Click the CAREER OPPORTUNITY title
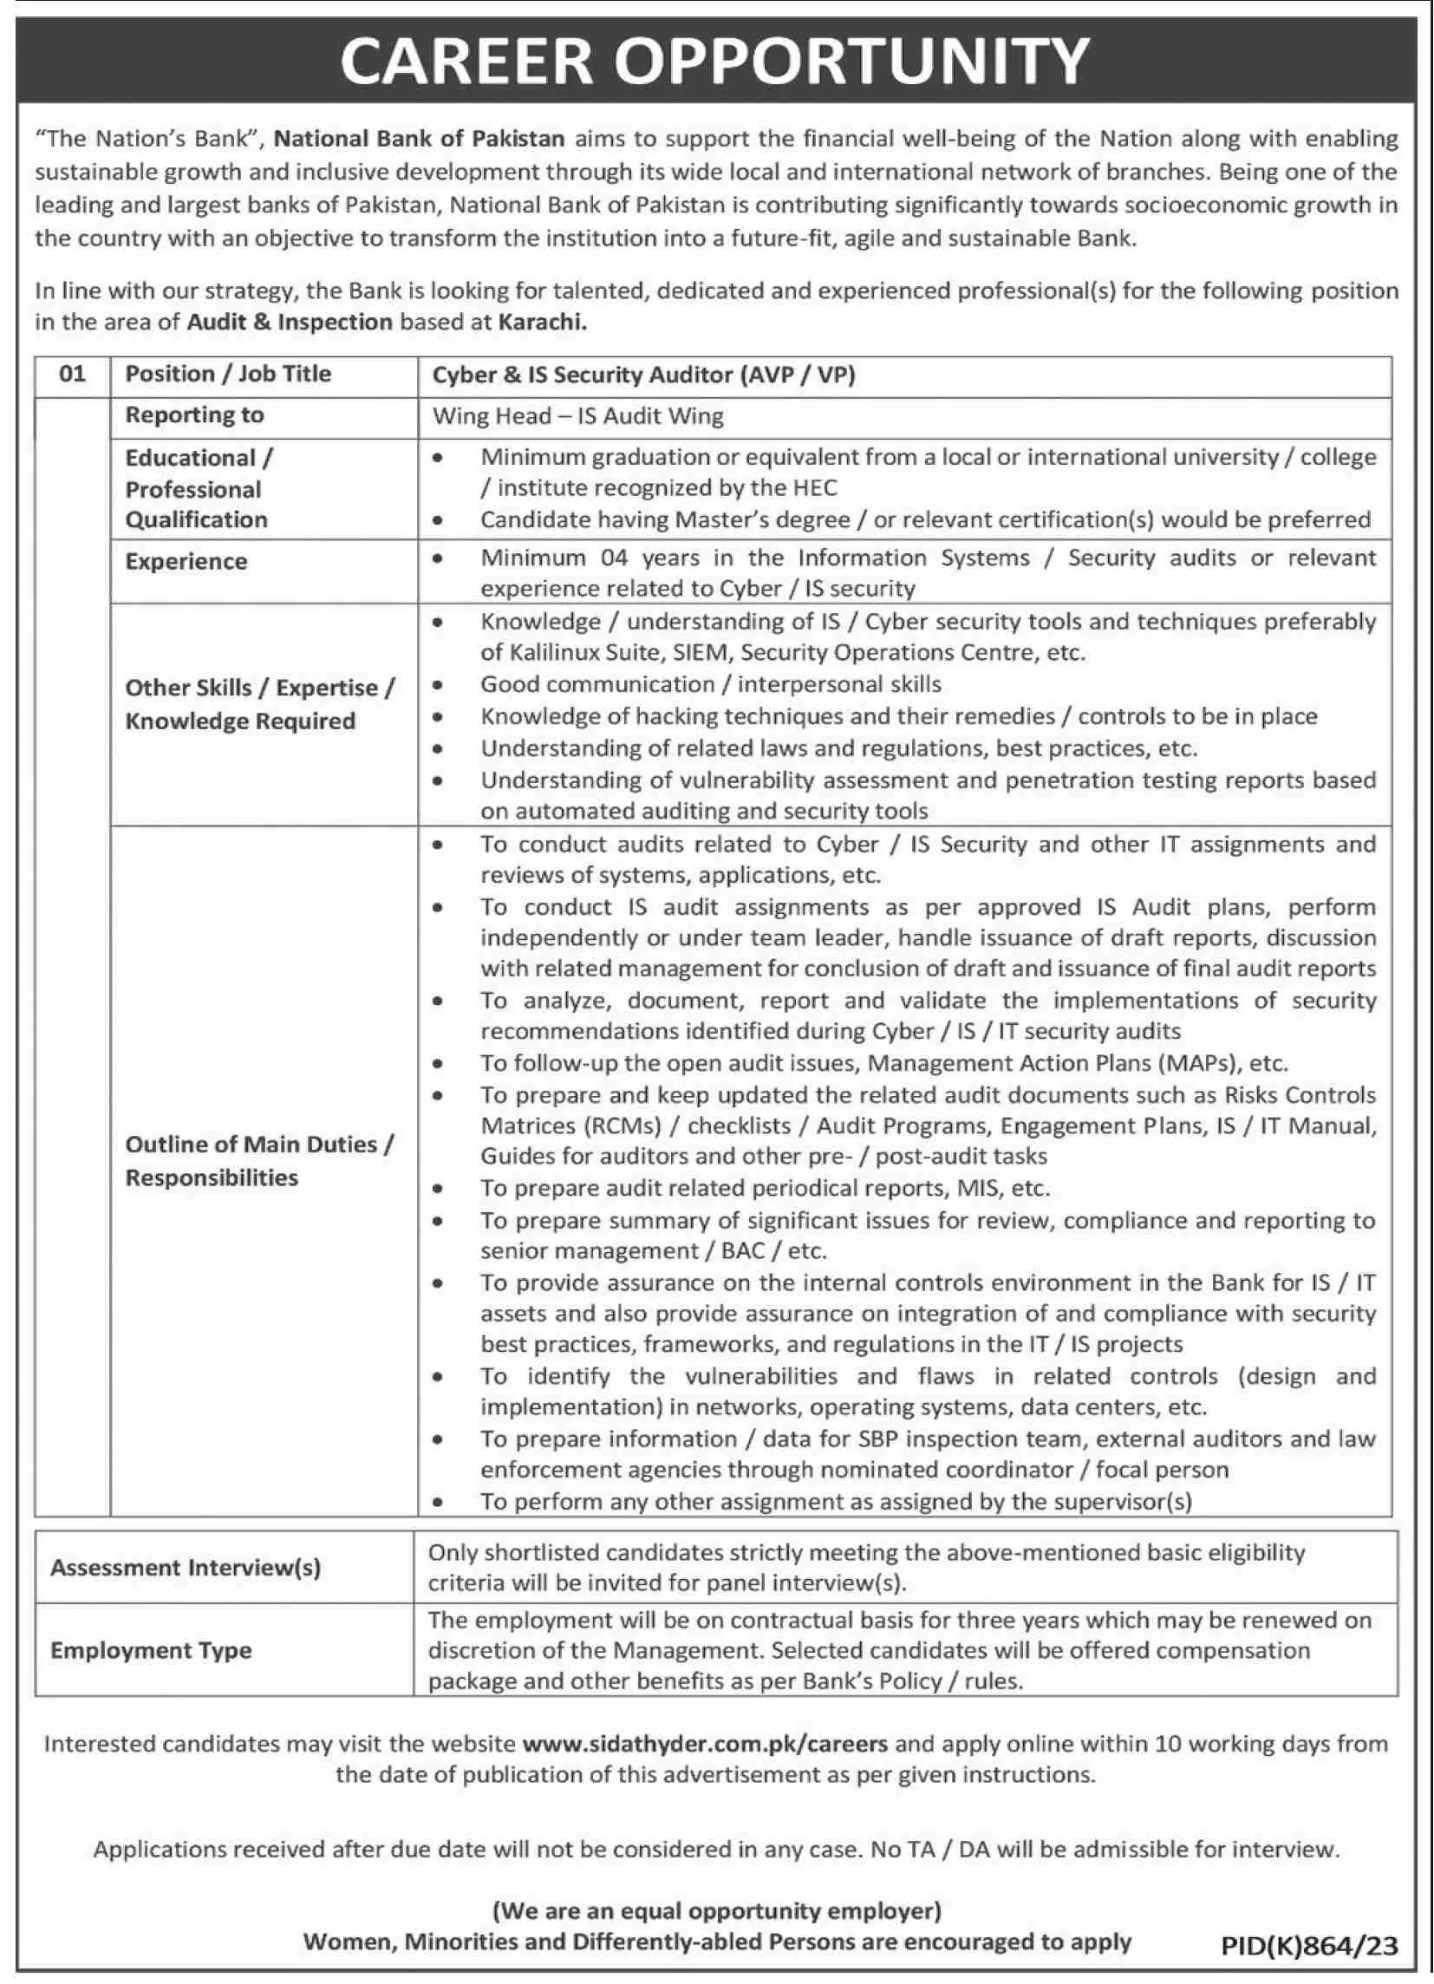715,61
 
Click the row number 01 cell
72,375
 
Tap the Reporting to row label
194,414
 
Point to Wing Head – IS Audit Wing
577,415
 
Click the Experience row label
186,562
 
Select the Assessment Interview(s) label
186,1567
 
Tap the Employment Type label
151,1650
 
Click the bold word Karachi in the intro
542,322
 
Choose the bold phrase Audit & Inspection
290,322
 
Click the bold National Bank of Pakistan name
420,138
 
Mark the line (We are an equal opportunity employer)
716,1910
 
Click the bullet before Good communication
437,685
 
